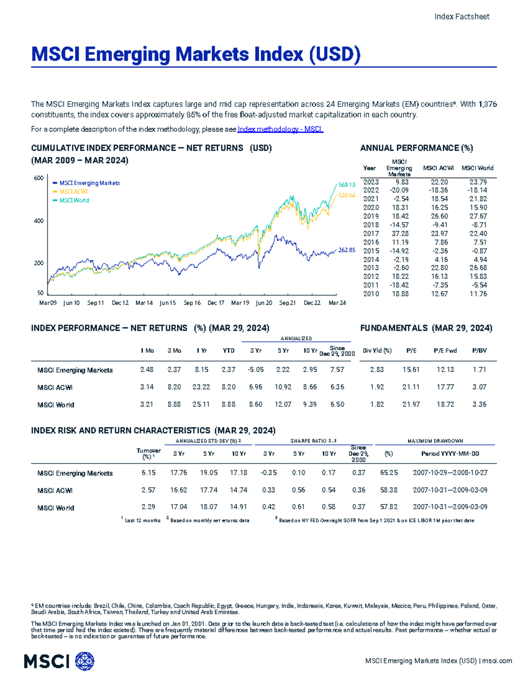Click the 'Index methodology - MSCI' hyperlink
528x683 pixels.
(280, 129)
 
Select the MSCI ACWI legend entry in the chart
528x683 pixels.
(73, 192)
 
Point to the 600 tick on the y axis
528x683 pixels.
(39, 178)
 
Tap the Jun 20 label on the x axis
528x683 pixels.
(264, 303)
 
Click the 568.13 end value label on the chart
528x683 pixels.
(346, 185)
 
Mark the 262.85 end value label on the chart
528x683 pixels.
(346, 250)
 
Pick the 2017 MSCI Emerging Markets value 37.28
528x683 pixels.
(400, 234)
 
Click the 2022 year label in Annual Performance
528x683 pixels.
(370, 190)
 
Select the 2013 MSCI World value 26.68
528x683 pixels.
(478, 268)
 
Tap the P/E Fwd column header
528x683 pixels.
(445, 351)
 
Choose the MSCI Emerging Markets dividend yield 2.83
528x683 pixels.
(377, 370)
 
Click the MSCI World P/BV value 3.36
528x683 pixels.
(479, 404)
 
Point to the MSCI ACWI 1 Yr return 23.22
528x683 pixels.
(201, 387)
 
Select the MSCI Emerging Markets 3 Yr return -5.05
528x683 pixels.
(256, 370)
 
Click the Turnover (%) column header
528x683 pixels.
(148, 453)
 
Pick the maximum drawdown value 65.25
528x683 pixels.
(389, 473)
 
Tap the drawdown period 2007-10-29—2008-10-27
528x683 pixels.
(450, 473)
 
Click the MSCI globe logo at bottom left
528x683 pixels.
(85, 661)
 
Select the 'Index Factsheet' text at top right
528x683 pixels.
(462, 17)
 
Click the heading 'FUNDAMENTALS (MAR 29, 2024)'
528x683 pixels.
(426, 328)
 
